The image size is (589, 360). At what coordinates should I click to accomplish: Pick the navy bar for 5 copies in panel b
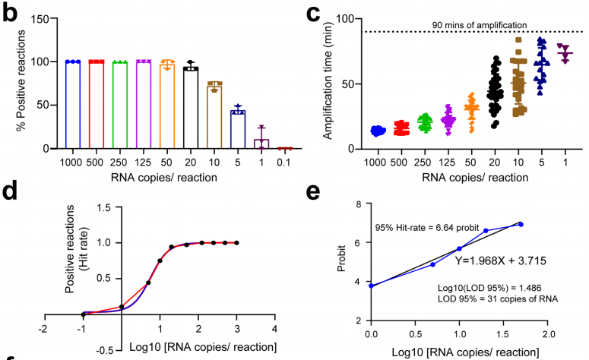coord(239,129)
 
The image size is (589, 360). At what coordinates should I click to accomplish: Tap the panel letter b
coord(10,12)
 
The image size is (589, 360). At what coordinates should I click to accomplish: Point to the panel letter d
coord(10,192)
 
